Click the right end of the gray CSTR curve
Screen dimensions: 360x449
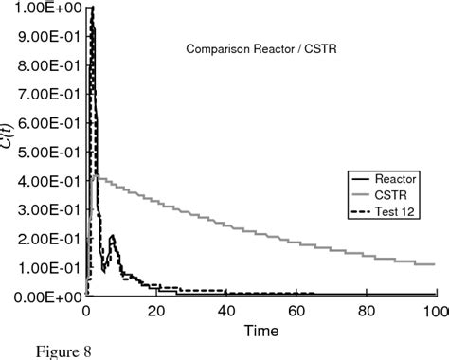434,264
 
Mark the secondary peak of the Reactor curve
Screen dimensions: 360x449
112,237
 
